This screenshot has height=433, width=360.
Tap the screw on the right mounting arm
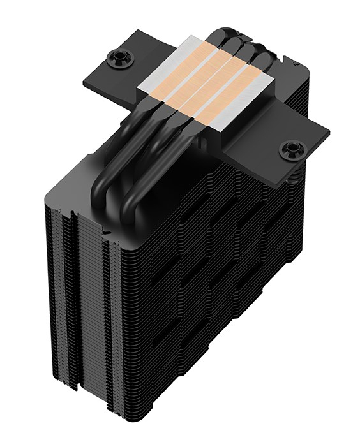(292, 150)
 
